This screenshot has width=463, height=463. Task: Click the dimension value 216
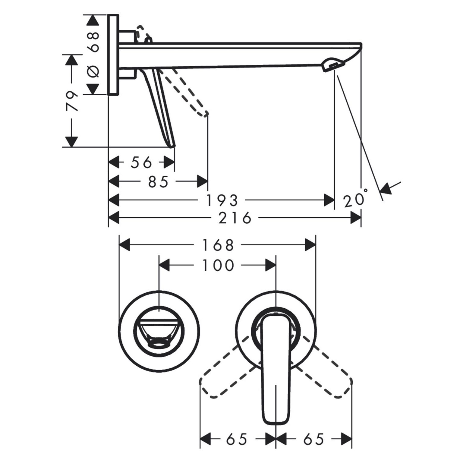click(x=235, y=218)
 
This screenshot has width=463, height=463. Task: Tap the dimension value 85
click(x=158, y=182)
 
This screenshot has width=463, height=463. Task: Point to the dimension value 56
click(x=141, y=163)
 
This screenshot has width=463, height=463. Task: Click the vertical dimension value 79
click(x=72, y=101)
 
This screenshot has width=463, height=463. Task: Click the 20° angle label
click(x=355, y=199)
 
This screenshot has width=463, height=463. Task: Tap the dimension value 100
click(x=218, y=266)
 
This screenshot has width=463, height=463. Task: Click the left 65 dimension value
click(x=237, y=439)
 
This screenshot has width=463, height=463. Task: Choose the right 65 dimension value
click(x=313, y=439)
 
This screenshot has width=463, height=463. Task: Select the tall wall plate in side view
click(x=113, y=54)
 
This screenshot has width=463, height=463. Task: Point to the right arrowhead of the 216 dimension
click(x=356, y=218)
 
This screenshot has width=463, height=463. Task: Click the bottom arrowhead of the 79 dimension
click(x=71, y=142)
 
